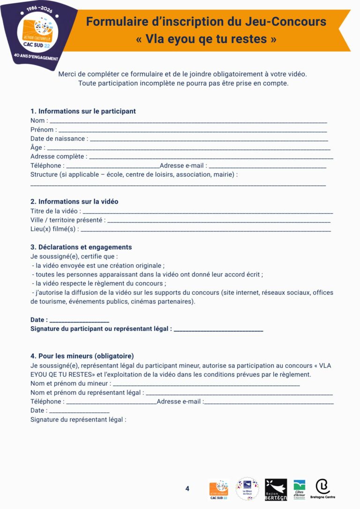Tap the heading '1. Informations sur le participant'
point(83,111)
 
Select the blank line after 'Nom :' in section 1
point(188,121)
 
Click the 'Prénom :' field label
point(44,129)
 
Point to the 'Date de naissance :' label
point(59,138)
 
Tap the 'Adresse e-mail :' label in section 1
point(183,165)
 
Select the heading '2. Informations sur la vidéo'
point(74,202)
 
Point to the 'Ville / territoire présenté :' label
point(68,220)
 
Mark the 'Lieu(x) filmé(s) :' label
point(54,229)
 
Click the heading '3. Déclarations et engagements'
point(81,247)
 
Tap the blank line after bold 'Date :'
point(79,321)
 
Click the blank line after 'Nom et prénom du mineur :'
point(206,384)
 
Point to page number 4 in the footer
point(187,488)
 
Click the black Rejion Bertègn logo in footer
point(276,489)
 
